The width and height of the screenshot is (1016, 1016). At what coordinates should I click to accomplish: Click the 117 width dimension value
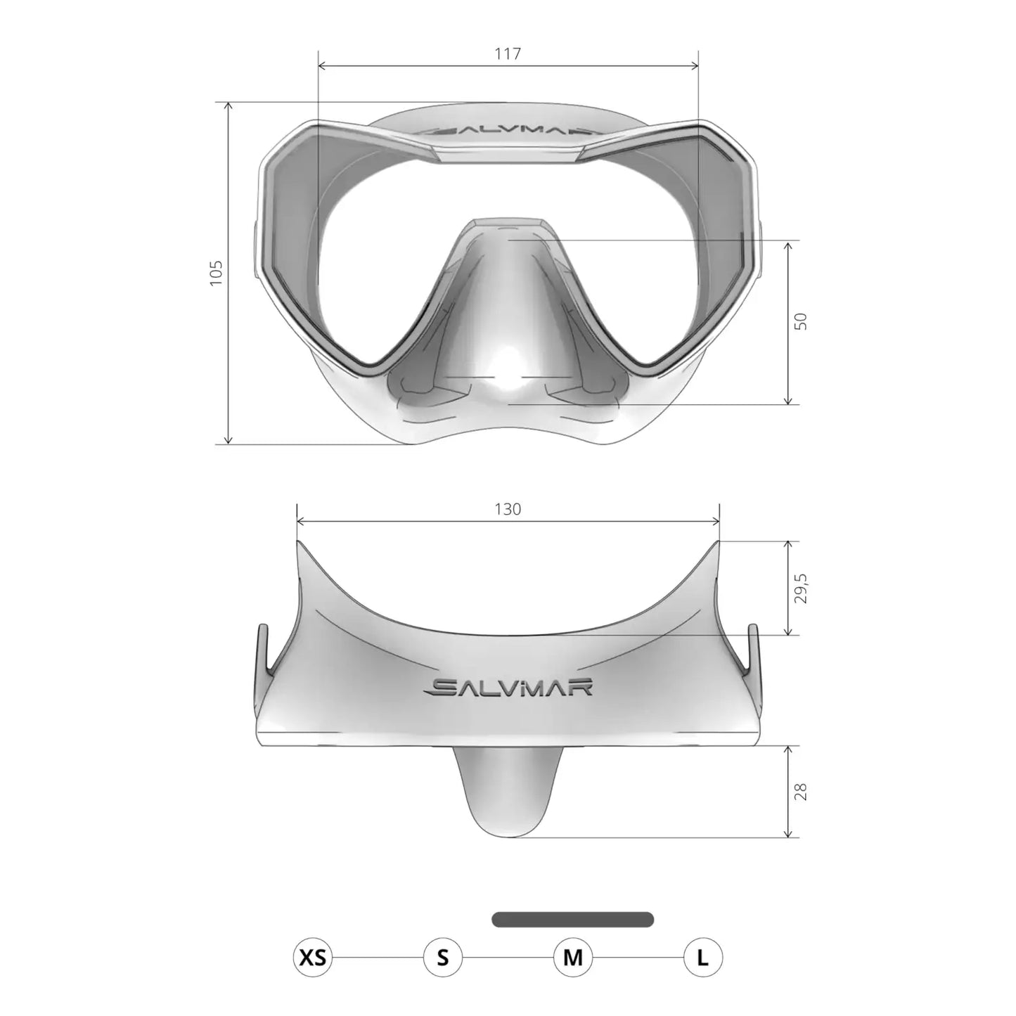[x=508, y=53]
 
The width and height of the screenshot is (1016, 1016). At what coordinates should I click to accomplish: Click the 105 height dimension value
[x=216, y=273]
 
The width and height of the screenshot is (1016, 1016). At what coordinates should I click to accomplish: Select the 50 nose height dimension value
[x=801, y=321]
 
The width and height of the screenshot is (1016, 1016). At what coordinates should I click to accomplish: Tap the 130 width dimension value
[x=508, y=509]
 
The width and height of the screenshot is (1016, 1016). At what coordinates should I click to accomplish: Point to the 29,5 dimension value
[x=802, y=588]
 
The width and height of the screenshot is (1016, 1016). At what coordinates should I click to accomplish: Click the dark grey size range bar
[x=573, y=919]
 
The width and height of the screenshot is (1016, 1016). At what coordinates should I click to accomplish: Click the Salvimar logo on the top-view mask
[x=510, y=686]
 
